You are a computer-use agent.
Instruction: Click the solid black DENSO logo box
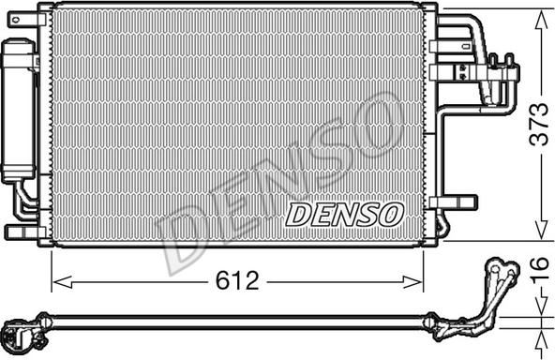(343, 215)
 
